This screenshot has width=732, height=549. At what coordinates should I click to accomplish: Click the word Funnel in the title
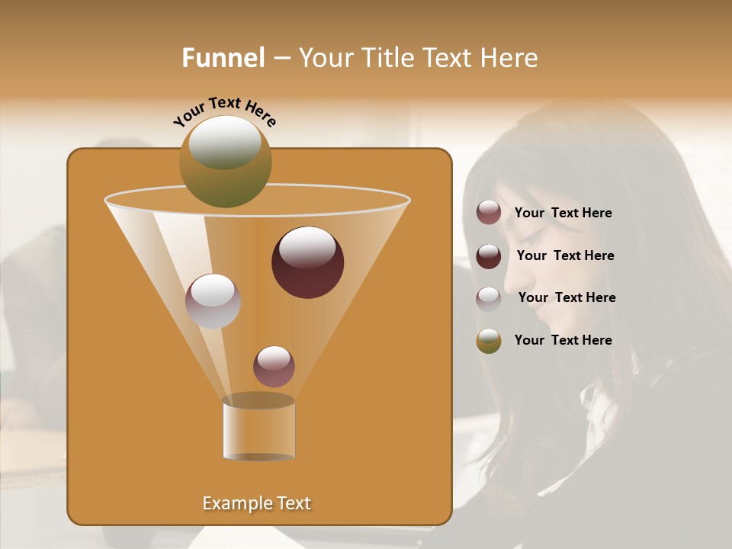[223, 58]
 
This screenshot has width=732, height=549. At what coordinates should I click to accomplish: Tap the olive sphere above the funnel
[225, 161]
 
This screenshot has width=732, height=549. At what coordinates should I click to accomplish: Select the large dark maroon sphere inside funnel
[307, 262]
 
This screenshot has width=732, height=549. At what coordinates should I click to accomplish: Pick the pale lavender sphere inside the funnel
[213, 301]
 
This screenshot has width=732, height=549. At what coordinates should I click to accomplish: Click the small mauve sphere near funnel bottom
[274, 366]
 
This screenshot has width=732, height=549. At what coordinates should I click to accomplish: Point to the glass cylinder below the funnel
[258, 432]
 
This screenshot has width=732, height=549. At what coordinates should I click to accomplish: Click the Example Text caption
[256, 503]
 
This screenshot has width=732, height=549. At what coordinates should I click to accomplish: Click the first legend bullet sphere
[489, 213]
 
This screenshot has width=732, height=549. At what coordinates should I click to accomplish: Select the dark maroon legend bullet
[489, 256]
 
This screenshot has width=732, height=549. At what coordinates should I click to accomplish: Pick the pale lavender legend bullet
[489, 299]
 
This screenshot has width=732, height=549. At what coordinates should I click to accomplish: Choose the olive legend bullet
[489, 341]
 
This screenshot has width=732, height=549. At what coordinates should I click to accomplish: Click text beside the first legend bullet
[563, 213]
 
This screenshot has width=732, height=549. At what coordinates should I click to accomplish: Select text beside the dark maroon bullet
[565, 256]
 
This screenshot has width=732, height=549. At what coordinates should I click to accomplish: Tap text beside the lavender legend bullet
[567, 298]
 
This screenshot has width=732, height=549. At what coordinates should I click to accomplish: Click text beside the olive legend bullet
[563, 340]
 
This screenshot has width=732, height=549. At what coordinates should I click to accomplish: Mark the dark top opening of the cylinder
[258, 400]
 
